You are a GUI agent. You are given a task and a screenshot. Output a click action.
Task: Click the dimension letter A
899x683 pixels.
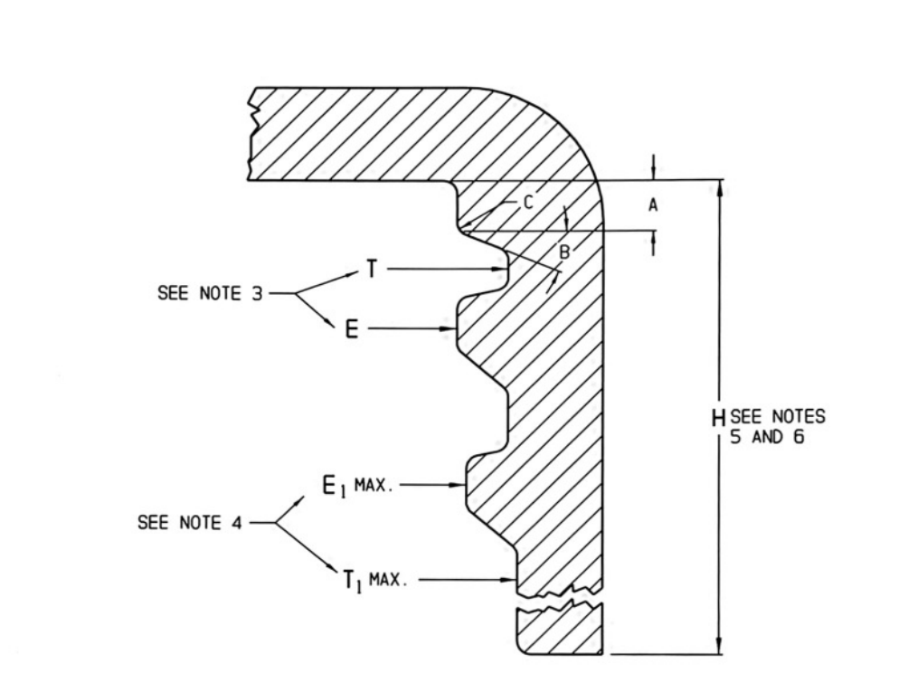pyautogui.click(x=653, y=204)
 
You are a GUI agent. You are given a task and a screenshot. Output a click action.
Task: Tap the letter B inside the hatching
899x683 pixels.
pyautogui.click(x=564, y=251)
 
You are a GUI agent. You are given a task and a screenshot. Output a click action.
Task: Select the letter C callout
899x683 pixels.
pyautogui.click(x=528, y=202)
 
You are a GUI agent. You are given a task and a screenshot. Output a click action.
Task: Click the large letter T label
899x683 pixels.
pyautogui.click(x=372, y=269)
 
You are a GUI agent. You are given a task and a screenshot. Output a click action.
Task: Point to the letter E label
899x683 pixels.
pyautogui.click(x=352, y=329)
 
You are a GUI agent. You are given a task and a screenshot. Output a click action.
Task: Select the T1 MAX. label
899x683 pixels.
pyautogui.click(x=375, y=581)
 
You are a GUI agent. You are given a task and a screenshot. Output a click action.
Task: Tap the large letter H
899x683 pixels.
pyautogui.click(x=718, y=418)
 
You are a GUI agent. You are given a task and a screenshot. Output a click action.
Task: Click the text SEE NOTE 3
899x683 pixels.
pyautogui.click(x=210, y=293)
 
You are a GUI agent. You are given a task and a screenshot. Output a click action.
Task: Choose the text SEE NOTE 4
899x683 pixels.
pyautogui.click(x=190, y=523)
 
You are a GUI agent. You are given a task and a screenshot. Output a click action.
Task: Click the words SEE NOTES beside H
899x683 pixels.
pyautogui.click(x=778, y=416)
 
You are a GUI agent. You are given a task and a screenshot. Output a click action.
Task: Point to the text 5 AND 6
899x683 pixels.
pyautogui.click(x=767, y=437)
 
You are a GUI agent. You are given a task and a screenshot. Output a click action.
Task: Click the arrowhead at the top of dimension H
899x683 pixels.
pyautogui.click(x=720, y=187)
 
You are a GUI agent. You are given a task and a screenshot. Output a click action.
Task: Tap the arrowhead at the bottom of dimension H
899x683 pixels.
pyautogui.click(x=720, y=646)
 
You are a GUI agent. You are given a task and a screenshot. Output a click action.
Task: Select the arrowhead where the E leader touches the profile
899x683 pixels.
pyautogui.click(x=448, y=328)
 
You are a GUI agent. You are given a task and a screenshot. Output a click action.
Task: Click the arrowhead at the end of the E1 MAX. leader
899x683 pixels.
pyautogui.click(x=457, y=485)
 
